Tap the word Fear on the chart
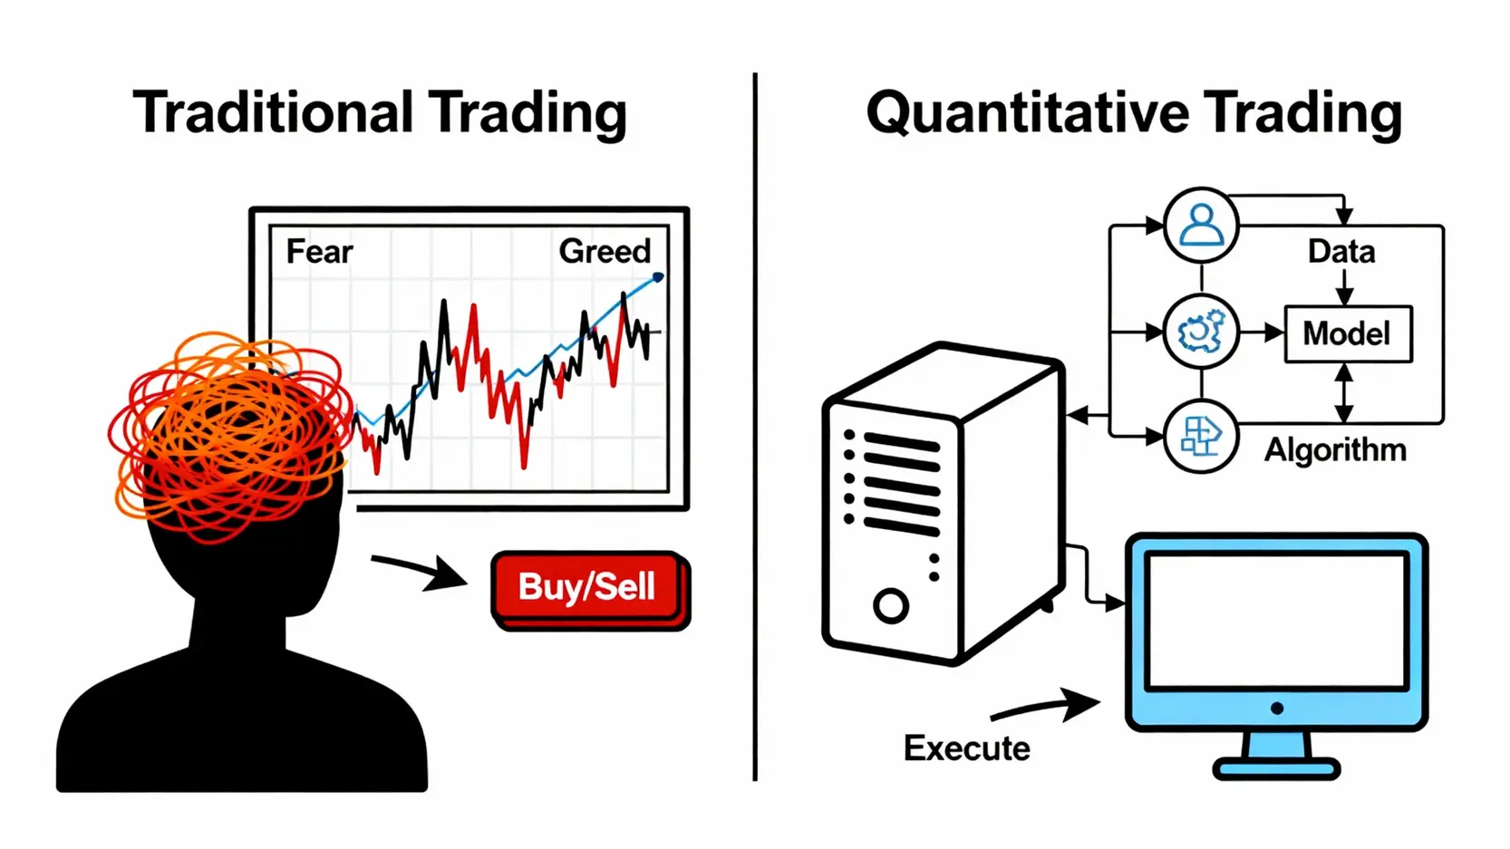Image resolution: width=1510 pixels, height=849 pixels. click(x=319, y=251)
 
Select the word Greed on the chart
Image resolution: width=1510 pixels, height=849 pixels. click(x=605, y=251)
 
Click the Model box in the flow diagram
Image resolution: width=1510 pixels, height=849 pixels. click(x=1348, y=334)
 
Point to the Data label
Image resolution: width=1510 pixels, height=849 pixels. click(x=1341, y=252)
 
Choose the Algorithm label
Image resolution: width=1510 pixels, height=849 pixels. click(x=1335, y=449)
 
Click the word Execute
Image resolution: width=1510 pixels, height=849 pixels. click(x=966, y=748)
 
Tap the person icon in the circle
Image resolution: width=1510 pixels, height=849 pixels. click(x=1201, y=225)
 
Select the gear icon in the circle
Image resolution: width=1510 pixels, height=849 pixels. click(x=1201, y=332)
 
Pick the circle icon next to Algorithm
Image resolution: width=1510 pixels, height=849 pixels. click(x=1201, y=437)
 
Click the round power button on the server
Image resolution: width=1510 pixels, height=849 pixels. click(x=891, y=605)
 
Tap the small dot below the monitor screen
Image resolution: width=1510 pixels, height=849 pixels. click(x=1276, y=709)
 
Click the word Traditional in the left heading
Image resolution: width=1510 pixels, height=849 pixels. click(x=273, y=113)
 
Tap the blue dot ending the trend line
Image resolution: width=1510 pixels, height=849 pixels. click(x=658, y=277)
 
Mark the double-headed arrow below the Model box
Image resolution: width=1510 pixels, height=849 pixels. click(x=1344, y=392)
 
